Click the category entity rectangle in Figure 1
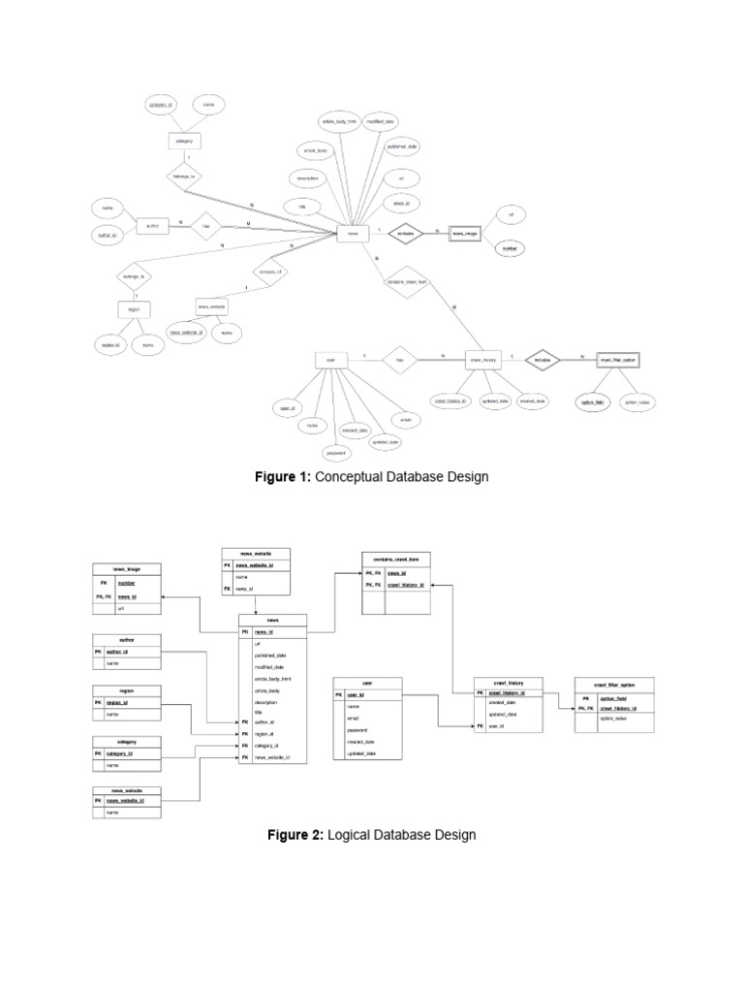pos(184,141)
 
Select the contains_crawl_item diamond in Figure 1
pos(408,281)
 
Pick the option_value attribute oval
pos(636,400)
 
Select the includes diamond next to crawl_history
pos(541,359)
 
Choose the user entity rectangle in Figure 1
pos(330,359)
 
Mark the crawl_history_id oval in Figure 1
pos(450,400)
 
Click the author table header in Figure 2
pos(126,640)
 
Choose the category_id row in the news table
pos(272,746)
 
